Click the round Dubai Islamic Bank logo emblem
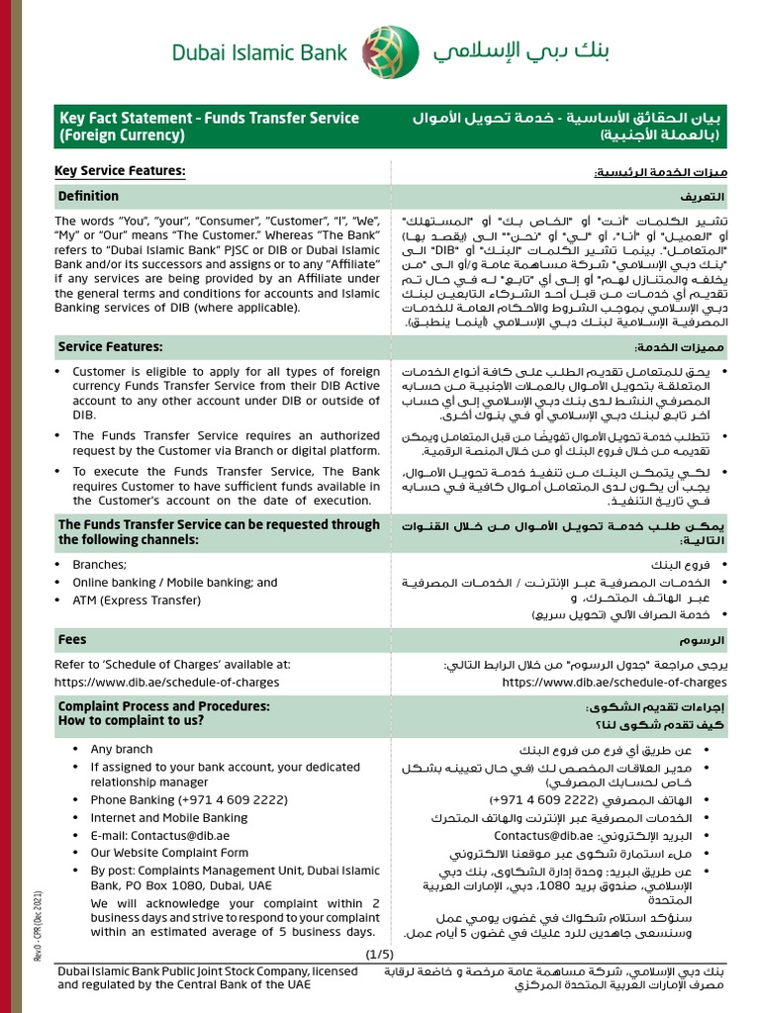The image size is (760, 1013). [382, 51]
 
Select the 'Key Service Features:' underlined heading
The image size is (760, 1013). [120, 172]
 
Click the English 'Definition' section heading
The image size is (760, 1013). [88, 196]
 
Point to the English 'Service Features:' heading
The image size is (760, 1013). [111, 347]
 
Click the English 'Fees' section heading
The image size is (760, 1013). [72, 640]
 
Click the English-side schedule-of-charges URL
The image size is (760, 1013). [168, 682]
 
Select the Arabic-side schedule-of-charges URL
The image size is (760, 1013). [614, 682]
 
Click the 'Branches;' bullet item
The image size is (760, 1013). [100, 564]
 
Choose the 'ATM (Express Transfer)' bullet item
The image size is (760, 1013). [137, 599]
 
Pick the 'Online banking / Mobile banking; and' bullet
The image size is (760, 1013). [175, 582]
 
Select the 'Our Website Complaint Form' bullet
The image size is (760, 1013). [169, 852]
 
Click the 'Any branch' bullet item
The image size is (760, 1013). [122, 749]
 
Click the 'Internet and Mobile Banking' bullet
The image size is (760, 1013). [169, 817]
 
